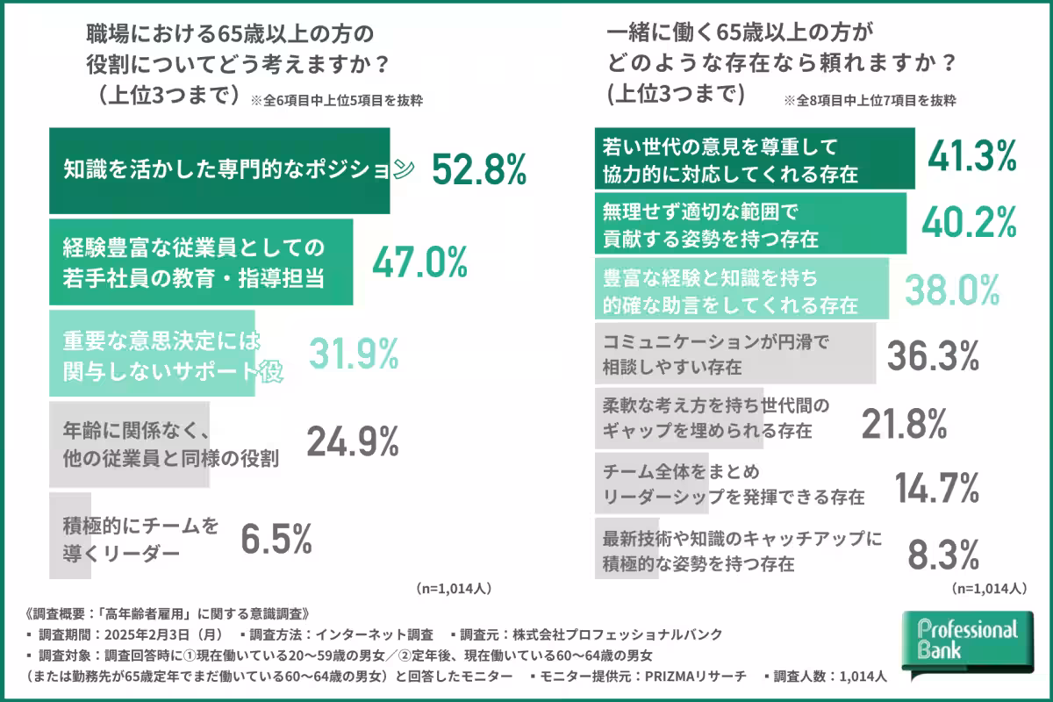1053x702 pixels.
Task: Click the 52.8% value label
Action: (479, 169)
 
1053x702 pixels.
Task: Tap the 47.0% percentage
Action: (420, 261)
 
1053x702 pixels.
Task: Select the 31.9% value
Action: (354, 353)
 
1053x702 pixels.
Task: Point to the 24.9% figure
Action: (352, 443)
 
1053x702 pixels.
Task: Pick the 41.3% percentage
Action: (972, 157)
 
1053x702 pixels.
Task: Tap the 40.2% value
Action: (969, 224)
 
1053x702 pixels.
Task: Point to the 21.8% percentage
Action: (904, 424)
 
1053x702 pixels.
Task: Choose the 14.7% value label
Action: (935, 488)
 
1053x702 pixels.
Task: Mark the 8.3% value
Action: (943, 555)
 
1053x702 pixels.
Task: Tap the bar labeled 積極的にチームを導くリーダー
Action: (69, 535)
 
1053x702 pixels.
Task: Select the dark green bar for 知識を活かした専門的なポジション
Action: (218, 170)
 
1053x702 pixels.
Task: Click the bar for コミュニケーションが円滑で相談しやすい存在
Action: (734, 353)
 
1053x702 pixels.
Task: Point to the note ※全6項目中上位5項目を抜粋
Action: (336, 100)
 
